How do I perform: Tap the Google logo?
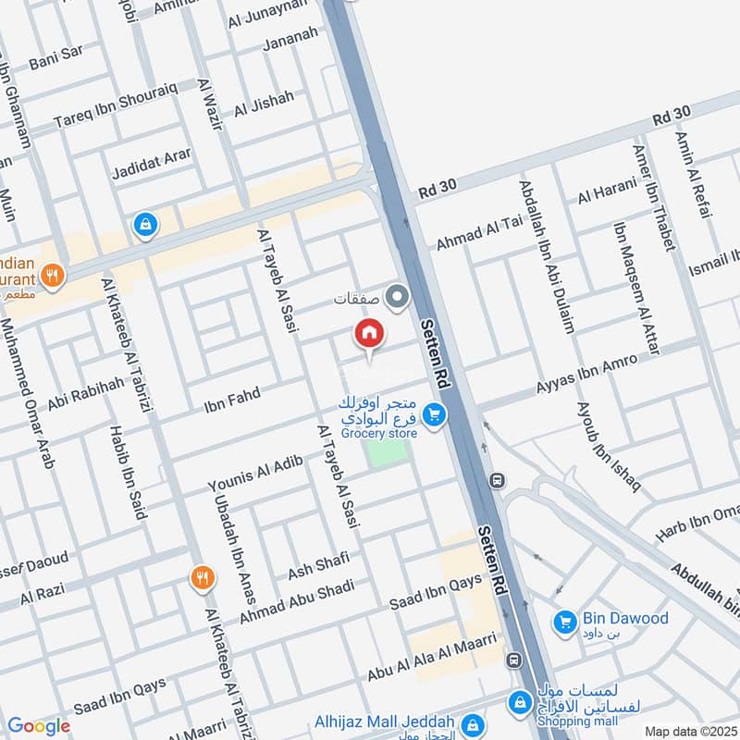click(x=39, y=726)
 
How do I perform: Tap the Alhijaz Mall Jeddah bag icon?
click(x=473, y=723)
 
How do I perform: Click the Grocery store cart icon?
click(x=434, y=417)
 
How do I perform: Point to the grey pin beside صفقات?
click(x=398, y=298)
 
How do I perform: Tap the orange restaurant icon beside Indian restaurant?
click(x=53, y=275)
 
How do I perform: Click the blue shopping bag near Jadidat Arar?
click(x=145, y=224)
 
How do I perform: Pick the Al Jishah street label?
click(x=264, y=104)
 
